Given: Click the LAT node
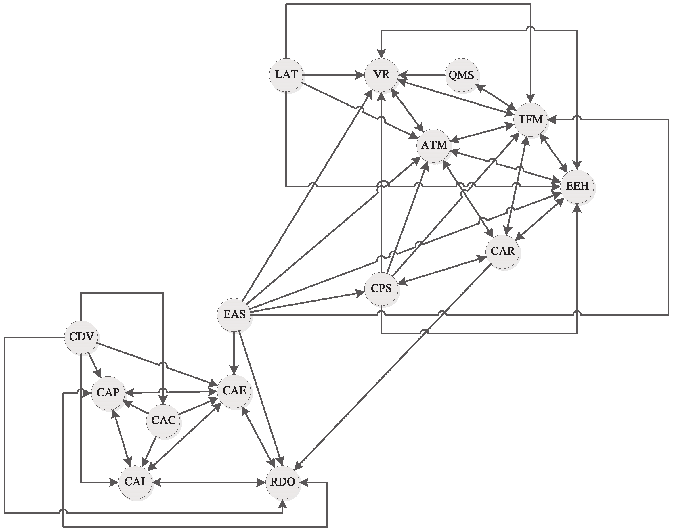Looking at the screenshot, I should (x=286, y=75).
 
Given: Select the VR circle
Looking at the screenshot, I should (x=381, y=75).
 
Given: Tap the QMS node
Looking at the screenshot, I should (x=461, y=75).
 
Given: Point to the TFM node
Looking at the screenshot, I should (x=530, y=119).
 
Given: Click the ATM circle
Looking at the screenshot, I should (x=434, y=145).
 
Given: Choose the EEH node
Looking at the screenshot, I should (x=577, y=186).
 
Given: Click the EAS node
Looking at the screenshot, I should (x=234, y=315).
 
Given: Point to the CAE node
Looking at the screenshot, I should (x=234, y=391).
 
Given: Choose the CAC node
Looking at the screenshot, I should (x=163, y=421).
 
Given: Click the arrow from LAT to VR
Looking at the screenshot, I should (x=333, y=75).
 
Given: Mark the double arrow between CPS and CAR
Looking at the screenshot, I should (x=441, y=270).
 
